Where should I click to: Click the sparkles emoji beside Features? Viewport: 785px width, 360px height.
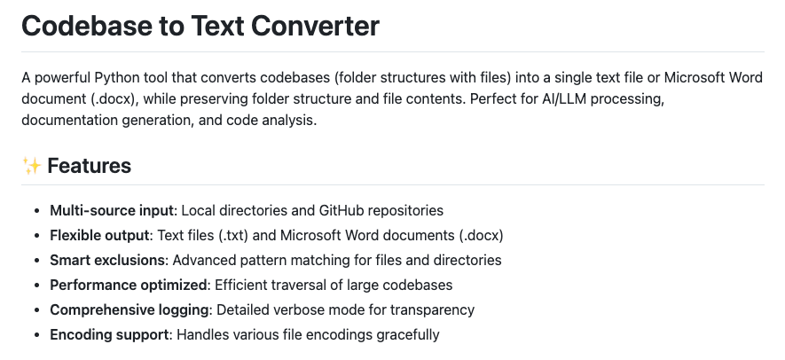31,165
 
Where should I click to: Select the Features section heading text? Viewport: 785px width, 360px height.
89,165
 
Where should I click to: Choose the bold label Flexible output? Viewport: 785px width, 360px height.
99,236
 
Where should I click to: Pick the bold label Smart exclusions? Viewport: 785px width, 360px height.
107,261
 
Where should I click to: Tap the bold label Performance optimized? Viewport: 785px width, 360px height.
128,286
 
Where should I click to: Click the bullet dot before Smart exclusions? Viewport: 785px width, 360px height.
36,261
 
